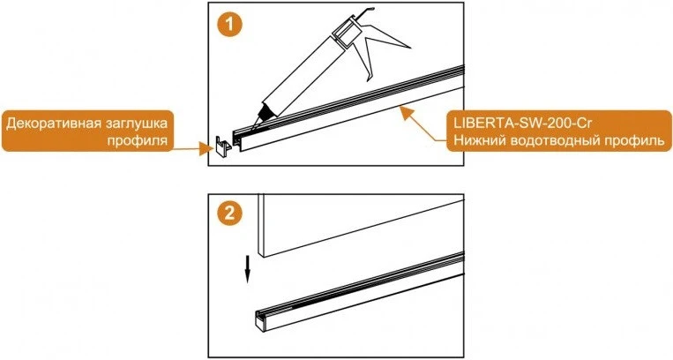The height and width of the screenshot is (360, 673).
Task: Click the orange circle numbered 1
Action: (x=230, y=25)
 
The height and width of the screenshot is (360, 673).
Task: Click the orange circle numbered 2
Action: (x=230, y=214)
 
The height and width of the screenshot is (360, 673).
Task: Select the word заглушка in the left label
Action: (x=133, y=124)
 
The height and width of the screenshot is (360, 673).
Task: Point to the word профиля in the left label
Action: (x=138, y=140)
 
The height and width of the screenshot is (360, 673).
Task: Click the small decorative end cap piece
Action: (x=221, y=147)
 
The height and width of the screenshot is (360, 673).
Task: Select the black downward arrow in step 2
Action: (x=247, y=269)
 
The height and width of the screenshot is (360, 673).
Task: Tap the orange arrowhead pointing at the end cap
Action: (x=206, y=149)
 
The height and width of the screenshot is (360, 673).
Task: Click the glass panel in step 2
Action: (x=361, y=225)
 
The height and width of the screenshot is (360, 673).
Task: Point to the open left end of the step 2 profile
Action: (x=260, y=319)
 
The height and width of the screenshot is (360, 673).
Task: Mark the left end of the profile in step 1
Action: (x=237, y=139)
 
